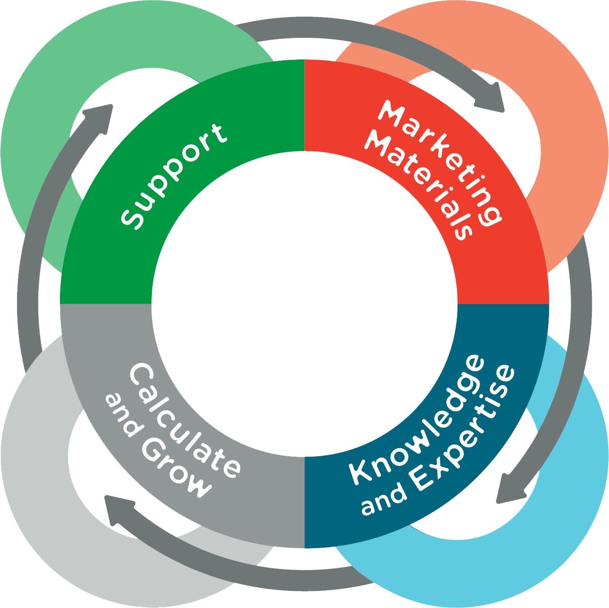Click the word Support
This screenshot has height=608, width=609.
[174, 176]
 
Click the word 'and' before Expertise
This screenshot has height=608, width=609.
[383, 500]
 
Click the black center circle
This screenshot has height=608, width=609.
[304, 304]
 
